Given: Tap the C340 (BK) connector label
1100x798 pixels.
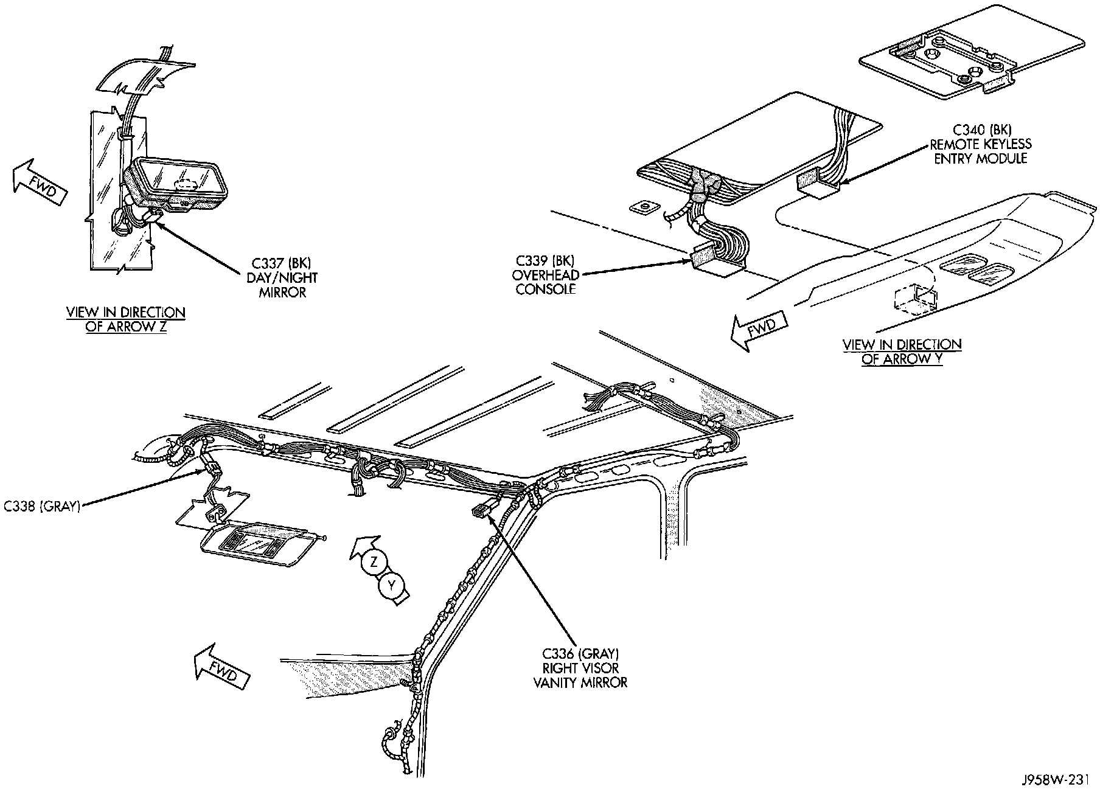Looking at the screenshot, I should coord(980,130).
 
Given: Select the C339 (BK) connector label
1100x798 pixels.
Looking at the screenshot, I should coord(545,262).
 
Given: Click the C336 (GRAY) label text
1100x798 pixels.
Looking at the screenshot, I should coord(580,654).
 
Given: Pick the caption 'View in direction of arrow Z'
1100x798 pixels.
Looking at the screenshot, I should coord(126,319).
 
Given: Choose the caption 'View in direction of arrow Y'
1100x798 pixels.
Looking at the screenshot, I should coord(902,352).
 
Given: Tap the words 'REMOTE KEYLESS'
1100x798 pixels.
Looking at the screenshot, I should coord(981,144).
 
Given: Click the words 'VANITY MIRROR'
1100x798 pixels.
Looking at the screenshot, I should coord(580,682).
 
